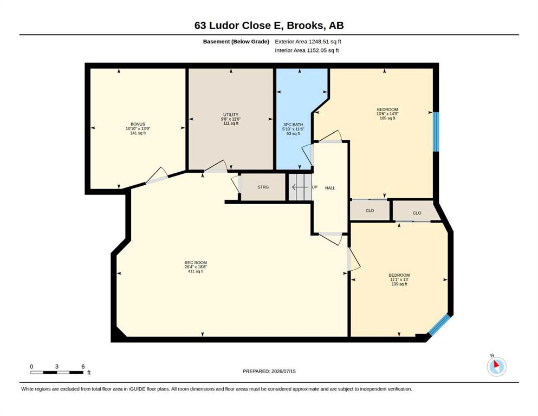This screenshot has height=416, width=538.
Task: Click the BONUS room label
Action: (x=138, y=124)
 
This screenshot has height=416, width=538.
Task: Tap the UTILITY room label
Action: (x=231, y=114)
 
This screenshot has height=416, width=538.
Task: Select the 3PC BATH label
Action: (x=293, y=125)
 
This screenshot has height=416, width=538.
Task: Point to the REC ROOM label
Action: (x=196, y=263)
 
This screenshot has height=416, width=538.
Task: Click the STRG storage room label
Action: (x=263, y=187)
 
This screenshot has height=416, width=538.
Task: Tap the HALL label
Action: (x=330, y=188)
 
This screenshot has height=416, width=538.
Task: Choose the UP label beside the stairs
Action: (x=315, y=187)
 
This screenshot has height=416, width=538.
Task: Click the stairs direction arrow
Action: (x=300, y=187)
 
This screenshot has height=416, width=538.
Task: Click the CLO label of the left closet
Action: (x=370, y=211)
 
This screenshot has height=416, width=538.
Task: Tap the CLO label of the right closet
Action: (x=417, y=213)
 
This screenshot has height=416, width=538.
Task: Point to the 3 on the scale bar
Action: (x=56, y=367)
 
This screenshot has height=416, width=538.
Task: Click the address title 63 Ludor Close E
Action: (x=238, y=25)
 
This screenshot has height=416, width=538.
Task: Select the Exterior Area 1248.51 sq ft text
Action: (x=308, y=42)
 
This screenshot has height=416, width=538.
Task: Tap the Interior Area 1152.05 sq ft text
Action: (x=307, y=50)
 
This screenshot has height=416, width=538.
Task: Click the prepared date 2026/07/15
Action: (x=283, y=371)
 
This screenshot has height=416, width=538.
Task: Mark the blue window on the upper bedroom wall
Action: (x=436, y=132)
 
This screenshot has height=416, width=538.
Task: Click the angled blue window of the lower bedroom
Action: (x=439, y=324)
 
